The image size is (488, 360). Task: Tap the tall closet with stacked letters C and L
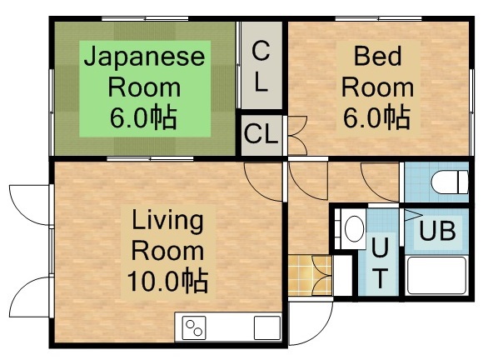tap(261, 66)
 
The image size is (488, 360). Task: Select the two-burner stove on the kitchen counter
tap(195, 327)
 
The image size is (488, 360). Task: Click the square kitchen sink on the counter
tap(266, 327)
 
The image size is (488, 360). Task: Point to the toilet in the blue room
tap(446, 182)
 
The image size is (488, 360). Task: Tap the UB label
tap(436, 231)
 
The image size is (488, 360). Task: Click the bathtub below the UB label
tap(436, 274)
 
